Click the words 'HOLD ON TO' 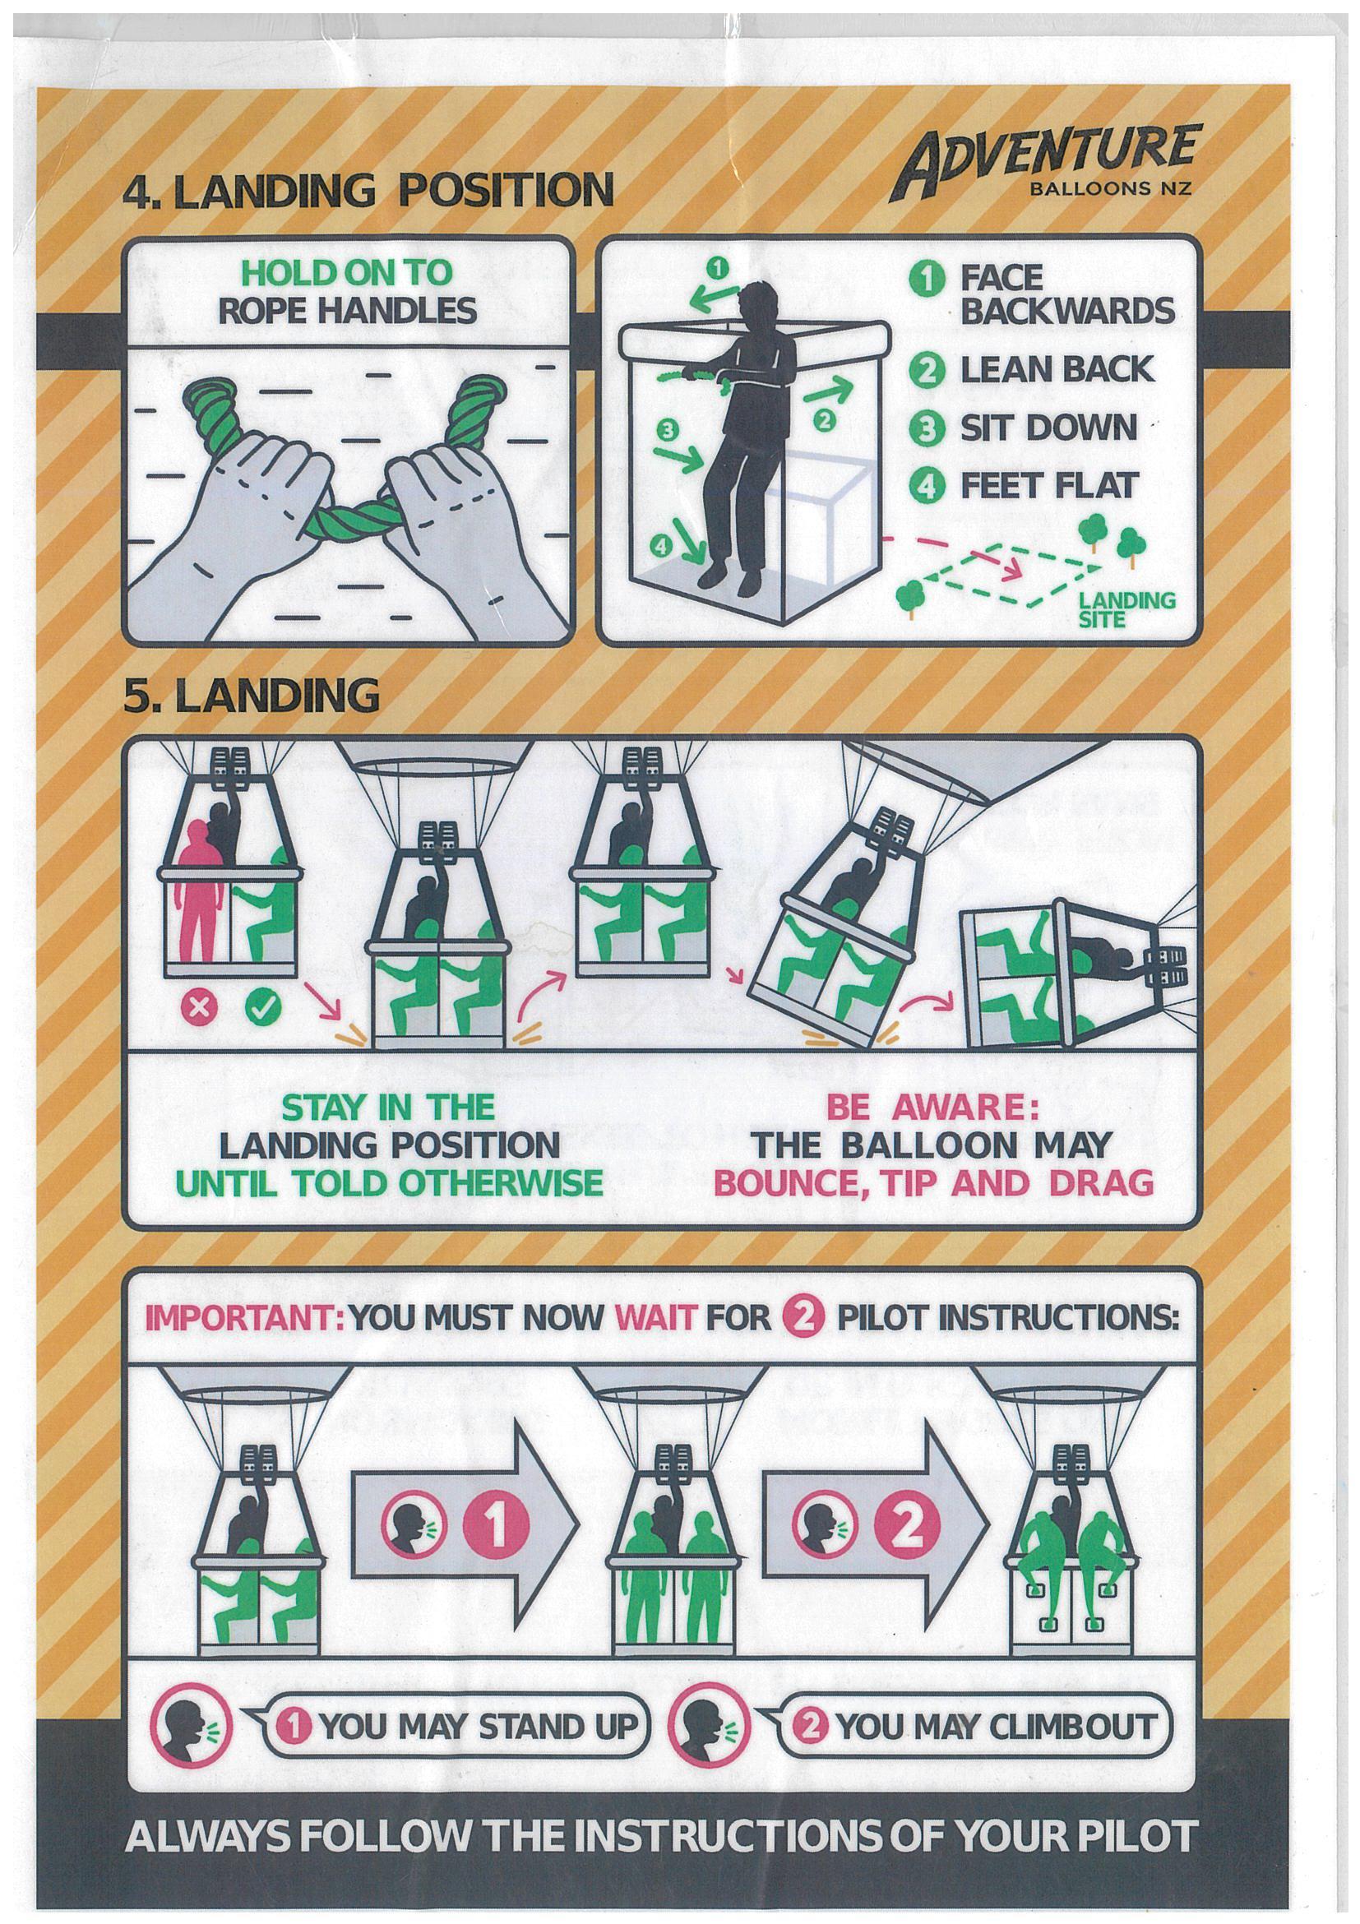[345, 272]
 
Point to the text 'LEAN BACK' [1057, 369]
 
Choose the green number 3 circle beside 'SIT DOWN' [928, 428]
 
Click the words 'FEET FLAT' [1050, 485]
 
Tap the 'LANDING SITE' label [1126, 608]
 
